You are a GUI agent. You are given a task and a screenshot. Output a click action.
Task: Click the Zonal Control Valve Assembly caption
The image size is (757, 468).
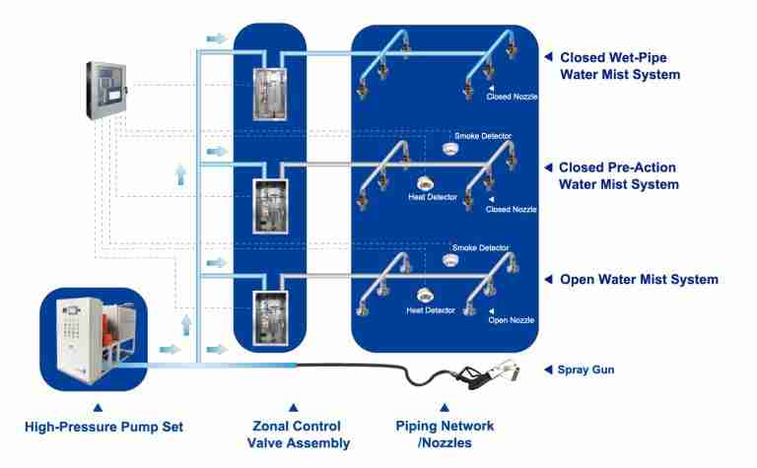(292, 435)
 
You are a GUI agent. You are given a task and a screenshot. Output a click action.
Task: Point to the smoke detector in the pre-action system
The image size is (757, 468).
(450, 149)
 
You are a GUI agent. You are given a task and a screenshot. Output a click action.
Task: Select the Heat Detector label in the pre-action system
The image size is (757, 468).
(431, 198)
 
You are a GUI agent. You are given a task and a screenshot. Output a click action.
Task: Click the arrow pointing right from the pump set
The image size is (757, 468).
(169, 348)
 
